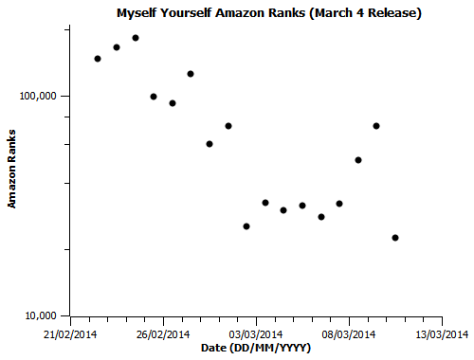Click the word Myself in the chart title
139,14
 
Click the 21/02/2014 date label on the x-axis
71,333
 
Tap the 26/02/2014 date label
164,333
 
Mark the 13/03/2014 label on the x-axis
442,333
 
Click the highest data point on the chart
136,38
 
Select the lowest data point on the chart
395,238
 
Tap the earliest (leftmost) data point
98,59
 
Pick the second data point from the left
117,47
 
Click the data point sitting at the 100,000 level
154,97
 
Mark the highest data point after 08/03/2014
376,126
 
